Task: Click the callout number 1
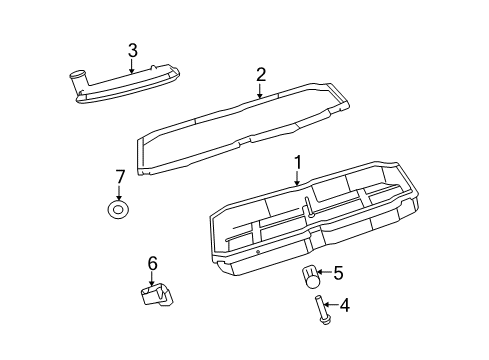(x=297, y=162)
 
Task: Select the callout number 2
(x=260, y=74)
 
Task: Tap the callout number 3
(x=131, y=50)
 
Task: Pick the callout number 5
(x=338, y=272)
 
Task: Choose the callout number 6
(x=153, y=263)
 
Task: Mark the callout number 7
(x=120, y=177)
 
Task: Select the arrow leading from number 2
(x=260, y=90)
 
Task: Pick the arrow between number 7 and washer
(x=120, y=192)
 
